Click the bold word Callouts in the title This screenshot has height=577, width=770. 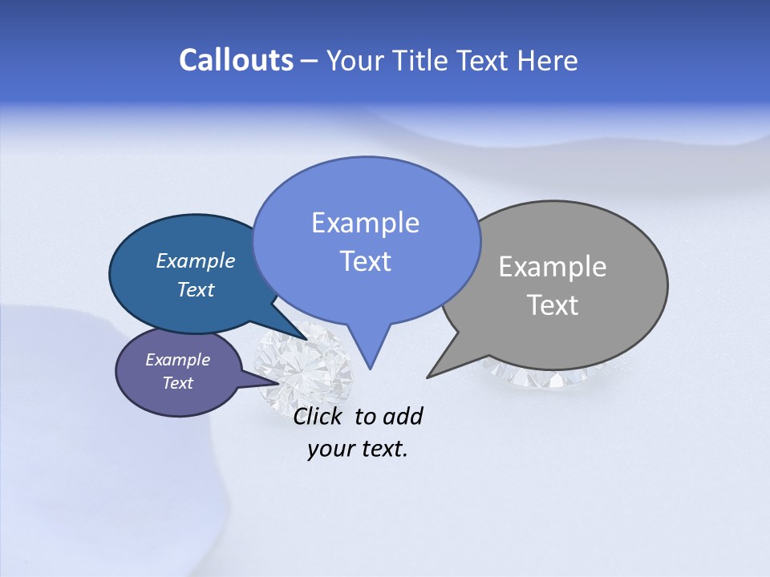[236, 60]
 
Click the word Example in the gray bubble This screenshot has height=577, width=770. [553, 267]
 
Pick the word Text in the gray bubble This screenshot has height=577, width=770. [553, 305]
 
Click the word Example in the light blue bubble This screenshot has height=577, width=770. [365, 223]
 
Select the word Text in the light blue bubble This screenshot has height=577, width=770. [365, 261]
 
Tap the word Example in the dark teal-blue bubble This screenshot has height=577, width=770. [195, 260]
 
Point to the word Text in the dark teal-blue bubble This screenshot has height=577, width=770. [195, 289]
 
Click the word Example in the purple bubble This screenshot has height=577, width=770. [177, 360]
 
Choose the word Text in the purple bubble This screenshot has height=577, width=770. [177, 383]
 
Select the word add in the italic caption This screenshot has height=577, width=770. [403, 416]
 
